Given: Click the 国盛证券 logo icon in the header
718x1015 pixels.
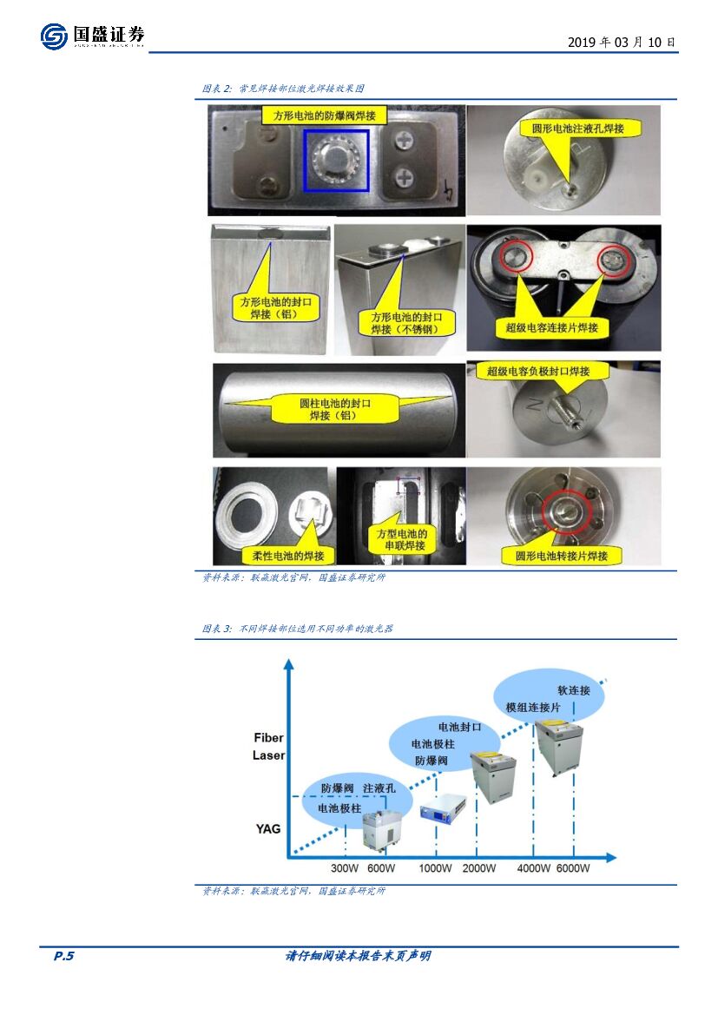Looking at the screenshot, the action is click(x=54, y=36).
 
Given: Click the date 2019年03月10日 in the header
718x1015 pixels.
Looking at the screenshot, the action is click(x=622, y=42).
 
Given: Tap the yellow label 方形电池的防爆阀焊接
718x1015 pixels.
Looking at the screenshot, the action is click(x=325, y=115).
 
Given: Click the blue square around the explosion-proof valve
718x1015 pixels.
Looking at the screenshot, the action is click(x=337, y=160).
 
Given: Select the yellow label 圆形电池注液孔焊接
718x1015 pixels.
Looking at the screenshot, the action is click(x=578, y=129).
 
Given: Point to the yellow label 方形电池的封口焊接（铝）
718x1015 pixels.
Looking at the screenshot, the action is click(x=276, y=307).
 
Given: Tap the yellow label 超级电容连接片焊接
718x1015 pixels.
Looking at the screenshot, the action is click(x=551, y=326).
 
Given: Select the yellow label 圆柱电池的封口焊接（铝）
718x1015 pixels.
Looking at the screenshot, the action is click(x=335, y=409).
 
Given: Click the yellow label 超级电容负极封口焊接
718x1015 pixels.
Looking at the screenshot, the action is click(x=538, y=371).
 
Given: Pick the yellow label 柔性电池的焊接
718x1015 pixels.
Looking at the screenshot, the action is click(x=288, y=556).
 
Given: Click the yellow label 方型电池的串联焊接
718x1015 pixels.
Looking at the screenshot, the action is click(x=401, y=539).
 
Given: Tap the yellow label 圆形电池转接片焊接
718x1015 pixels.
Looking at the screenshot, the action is click(x=562, y=556).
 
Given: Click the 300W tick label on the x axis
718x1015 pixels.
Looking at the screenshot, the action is click(x=345, y=868).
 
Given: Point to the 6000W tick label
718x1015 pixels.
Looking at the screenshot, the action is click(x=573, y=868).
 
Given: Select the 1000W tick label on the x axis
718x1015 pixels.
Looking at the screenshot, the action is click(x=435, y=868).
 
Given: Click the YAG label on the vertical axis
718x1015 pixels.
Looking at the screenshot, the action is click(x=268, y=828).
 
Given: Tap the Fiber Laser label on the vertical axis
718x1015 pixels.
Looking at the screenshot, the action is click(x=268, y=747).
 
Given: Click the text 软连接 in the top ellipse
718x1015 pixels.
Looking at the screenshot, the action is click(x=574, y=690).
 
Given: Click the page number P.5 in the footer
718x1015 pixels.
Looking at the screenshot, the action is click(x=64, y=956).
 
